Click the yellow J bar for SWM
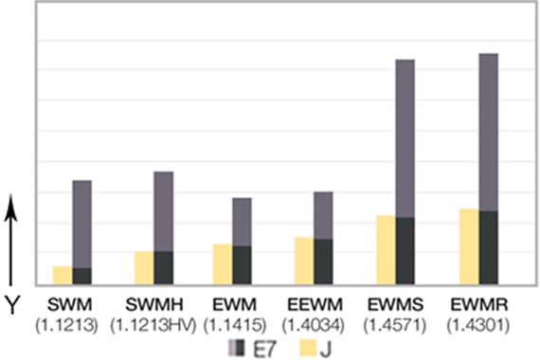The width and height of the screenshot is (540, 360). [62, 275]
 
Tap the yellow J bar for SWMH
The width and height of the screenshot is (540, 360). [143, 267]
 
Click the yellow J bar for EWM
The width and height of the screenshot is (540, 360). [222, 263]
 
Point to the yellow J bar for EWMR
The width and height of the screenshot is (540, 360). [468, 245]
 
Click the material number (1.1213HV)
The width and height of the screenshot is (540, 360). [153, 324]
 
